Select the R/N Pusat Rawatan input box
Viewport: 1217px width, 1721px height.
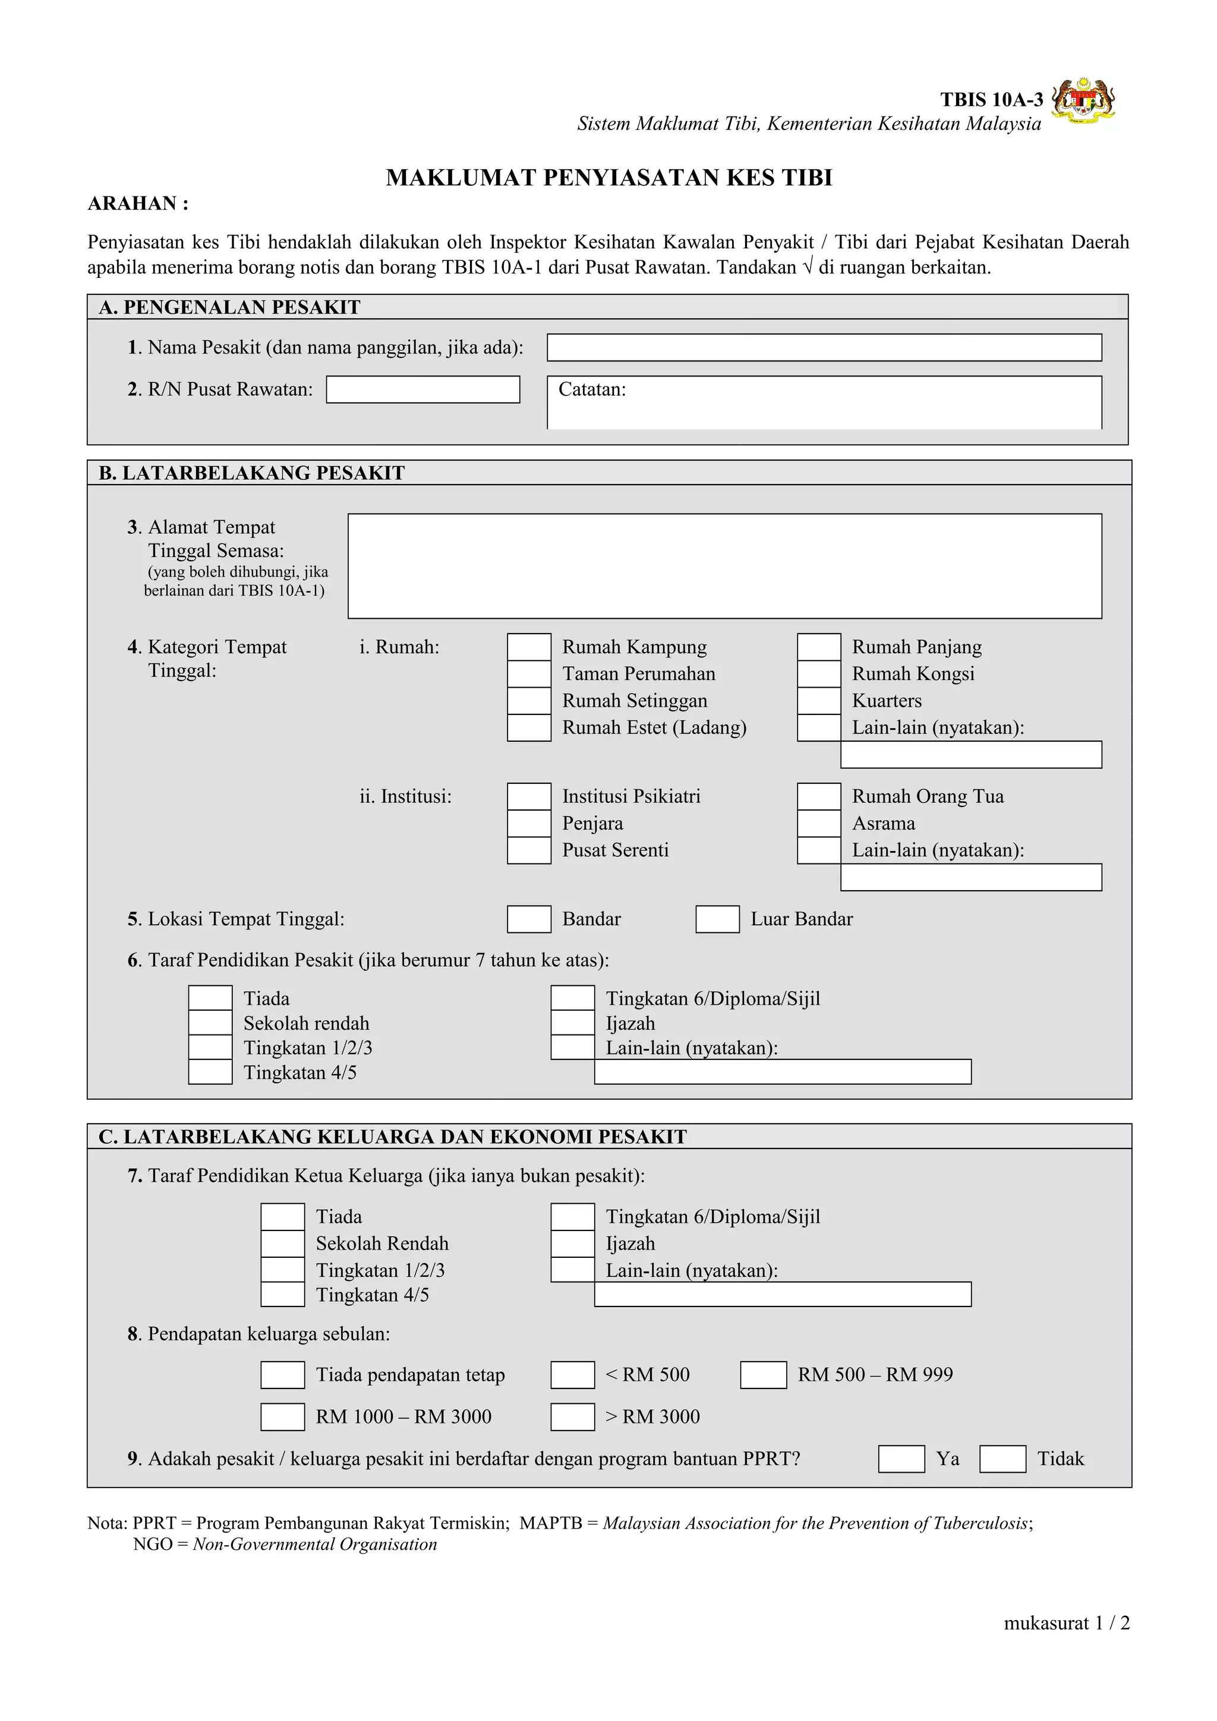click(423, 390)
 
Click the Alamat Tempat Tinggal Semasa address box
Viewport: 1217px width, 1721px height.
click(724, 566)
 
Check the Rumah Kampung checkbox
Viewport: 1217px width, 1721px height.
click(529, 647)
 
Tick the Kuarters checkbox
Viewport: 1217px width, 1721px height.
click(818, 701)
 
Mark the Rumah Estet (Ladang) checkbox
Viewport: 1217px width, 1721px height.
click(529, 728)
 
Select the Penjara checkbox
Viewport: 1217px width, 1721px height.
click(529, 824)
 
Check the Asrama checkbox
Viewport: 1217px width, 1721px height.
click(818, 824)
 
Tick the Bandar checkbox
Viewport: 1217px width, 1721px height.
click(529, 920)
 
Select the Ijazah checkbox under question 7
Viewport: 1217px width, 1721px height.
click(572, 1244)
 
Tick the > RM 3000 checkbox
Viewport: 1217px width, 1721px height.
click(572, 1418)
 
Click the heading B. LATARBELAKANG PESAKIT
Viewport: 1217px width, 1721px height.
click(252, 473)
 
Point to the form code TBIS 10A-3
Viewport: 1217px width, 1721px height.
click(991, 100)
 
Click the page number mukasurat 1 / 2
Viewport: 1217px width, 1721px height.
click(1065, 1624)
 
